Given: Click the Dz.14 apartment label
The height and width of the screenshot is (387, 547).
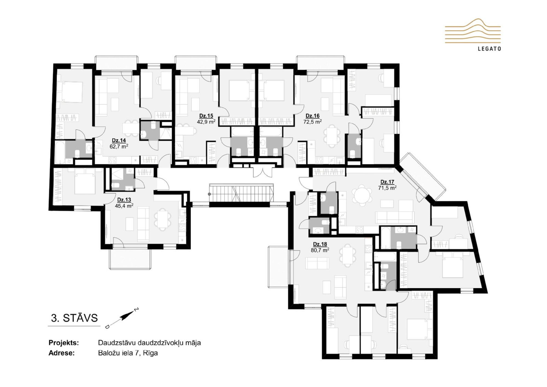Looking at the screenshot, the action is pos(119,140).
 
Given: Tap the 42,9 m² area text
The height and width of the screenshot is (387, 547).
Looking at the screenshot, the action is pos(206,122).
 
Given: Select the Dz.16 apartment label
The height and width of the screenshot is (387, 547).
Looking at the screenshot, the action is pos(312,116).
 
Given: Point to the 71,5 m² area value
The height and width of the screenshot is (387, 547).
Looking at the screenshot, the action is pos(387,188).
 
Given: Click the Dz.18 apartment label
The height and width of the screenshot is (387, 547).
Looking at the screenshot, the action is pos(320,244).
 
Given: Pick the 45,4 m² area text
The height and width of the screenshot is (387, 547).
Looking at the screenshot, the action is pos(124,206).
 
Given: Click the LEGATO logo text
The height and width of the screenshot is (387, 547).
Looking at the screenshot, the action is pos(489,49).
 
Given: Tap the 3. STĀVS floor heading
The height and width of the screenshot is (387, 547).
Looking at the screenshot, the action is pos(74,318).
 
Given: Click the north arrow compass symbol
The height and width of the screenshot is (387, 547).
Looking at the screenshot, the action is pos(122,318).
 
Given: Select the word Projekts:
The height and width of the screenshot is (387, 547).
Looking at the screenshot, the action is pos(64,343).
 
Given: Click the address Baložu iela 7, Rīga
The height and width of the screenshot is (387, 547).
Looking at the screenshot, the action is pos(128,353).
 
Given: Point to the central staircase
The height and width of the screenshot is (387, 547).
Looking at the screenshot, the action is pos(241,193).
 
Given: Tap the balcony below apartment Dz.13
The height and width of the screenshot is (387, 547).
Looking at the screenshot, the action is pos(130,259).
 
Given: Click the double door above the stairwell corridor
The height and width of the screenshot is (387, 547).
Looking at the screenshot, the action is pos(263,172).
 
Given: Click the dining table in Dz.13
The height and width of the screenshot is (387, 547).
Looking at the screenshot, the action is pos(163,219).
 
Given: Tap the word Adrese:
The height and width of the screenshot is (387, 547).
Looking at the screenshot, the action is pos(62,353).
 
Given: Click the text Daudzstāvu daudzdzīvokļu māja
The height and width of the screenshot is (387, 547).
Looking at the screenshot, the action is pos(149,343).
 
